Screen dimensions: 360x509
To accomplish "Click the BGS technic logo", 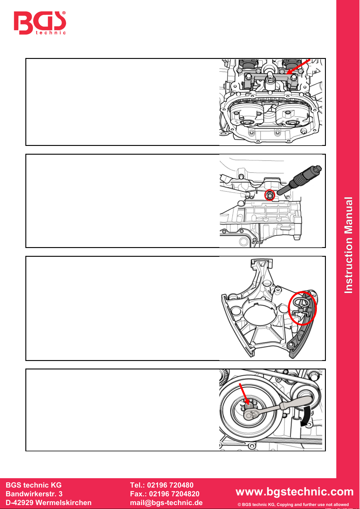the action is click(x=40, y=23).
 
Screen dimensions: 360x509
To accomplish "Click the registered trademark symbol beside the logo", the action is click(x=64, y=13).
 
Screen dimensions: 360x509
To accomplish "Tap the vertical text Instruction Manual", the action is click(x=349, y=245).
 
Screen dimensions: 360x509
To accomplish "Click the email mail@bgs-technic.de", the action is click(x=166, y=503).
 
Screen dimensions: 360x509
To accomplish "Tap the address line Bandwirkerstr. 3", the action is click(x=34, y=494).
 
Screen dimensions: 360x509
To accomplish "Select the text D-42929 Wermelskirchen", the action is click(x=49, y=503).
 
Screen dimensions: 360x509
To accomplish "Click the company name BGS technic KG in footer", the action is click(x=34, y=485).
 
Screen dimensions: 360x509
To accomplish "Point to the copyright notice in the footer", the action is click(x=293, y=504).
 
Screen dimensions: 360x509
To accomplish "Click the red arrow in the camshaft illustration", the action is click(x=298, y=67).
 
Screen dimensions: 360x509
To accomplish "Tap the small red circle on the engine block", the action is click(x=270, y=195).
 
